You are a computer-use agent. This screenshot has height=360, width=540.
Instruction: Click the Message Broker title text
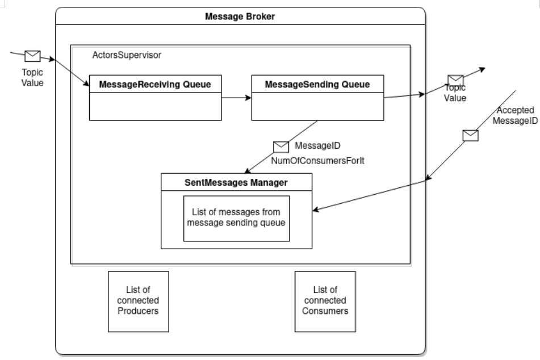240,16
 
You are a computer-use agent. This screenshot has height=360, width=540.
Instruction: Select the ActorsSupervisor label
126,56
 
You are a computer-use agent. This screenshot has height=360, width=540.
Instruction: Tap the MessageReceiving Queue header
155,85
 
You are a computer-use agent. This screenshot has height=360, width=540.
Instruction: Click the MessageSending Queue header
317,85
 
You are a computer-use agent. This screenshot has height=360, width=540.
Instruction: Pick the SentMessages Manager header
236,183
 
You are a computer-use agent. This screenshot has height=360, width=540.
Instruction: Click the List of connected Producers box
138,301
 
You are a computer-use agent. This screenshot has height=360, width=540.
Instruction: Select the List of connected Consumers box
325,301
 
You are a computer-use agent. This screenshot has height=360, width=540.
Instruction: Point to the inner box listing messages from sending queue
236,218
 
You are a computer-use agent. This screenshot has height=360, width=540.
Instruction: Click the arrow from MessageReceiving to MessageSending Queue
236,98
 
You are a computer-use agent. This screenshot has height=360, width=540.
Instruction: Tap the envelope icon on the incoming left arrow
32,56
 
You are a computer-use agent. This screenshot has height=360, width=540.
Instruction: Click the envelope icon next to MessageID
281,147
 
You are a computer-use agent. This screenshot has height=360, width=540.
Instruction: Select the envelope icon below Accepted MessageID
470,135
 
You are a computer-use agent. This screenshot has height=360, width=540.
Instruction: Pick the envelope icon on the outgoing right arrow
455,81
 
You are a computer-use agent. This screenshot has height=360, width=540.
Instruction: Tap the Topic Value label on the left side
32,77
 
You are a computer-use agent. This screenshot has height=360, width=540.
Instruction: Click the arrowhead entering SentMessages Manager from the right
316,211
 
